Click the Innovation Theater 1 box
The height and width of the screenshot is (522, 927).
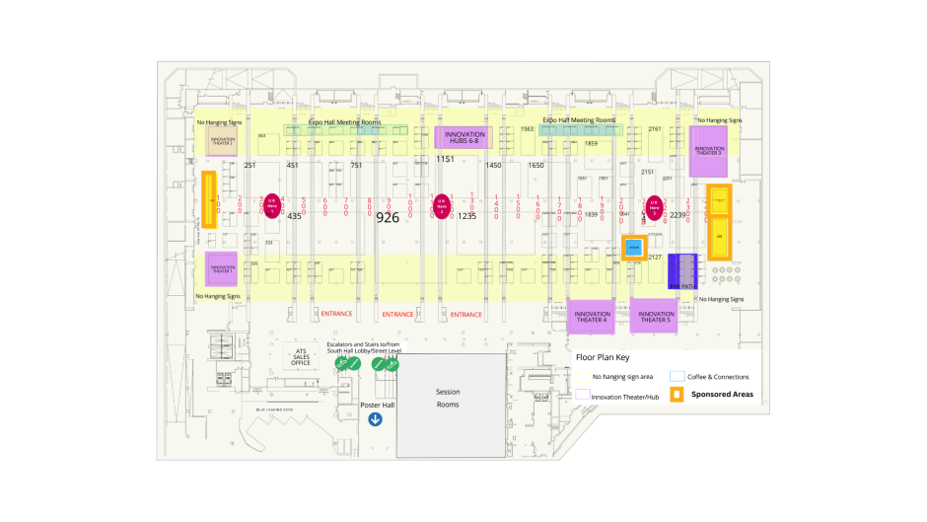coord(223,268)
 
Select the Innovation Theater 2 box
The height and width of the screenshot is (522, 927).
coord(222,139)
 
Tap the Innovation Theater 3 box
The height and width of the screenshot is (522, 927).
coord(708,151)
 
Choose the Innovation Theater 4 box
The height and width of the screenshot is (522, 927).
coord(591,317)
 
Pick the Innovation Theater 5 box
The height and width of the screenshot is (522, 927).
coord(654,317)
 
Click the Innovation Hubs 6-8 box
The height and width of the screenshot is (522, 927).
coord(462,138)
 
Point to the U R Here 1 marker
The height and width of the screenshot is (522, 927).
coord(271,206)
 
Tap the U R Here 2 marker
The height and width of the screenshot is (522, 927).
coord(442,206)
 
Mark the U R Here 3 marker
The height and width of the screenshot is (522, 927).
coord(652,206)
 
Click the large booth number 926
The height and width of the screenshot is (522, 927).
coord(389,217)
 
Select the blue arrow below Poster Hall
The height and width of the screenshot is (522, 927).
coord(376,419)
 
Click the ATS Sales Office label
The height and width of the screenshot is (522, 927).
coord(301,356)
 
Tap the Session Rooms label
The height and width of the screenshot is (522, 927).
coord(448,398)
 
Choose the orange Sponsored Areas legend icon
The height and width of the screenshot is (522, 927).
coord(677,395)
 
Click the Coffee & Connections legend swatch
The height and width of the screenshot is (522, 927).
coord(677,376)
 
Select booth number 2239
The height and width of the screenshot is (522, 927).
coord(677,215)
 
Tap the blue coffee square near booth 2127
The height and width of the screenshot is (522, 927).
coord(634,247)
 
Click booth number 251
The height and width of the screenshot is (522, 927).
coord(250,166)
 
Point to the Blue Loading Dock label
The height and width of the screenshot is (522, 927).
coord(276,410)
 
